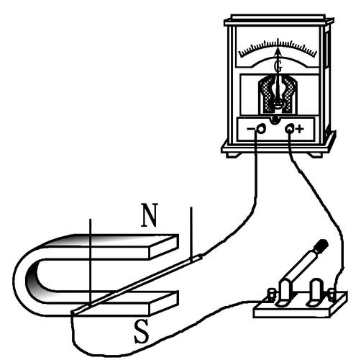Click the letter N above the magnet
point(149,215)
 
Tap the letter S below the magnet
point(141,332)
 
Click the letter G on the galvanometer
point(278,66)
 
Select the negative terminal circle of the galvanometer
point(260,129)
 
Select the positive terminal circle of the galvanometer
point(290,129)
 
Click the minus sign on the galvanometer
point(251,129)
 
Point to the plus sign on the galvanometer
point(300,129)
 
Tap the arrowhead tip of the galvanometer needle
point(278,48)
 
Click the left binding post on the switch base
point(271,294)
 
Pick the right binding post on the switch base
point(332,295)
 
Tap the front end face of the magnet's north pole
point(164,247)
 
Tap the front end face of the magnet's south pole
point(164,303)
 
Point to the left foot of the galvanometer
point(233,155)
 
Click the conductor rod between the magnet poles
point(137,284)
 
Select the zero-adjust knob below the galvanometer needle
point(275,120)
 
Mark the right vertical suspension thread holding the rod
point(191,234)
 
